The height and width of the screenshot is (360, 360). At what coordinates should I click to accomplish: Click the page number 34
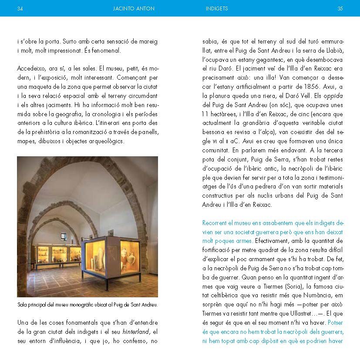[20, 8]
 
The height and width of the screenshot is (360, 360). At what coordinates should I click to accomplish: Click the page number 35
[340, 8]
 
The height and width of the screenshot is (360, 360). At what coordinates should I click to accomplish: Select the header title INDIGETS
[217, 8]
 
